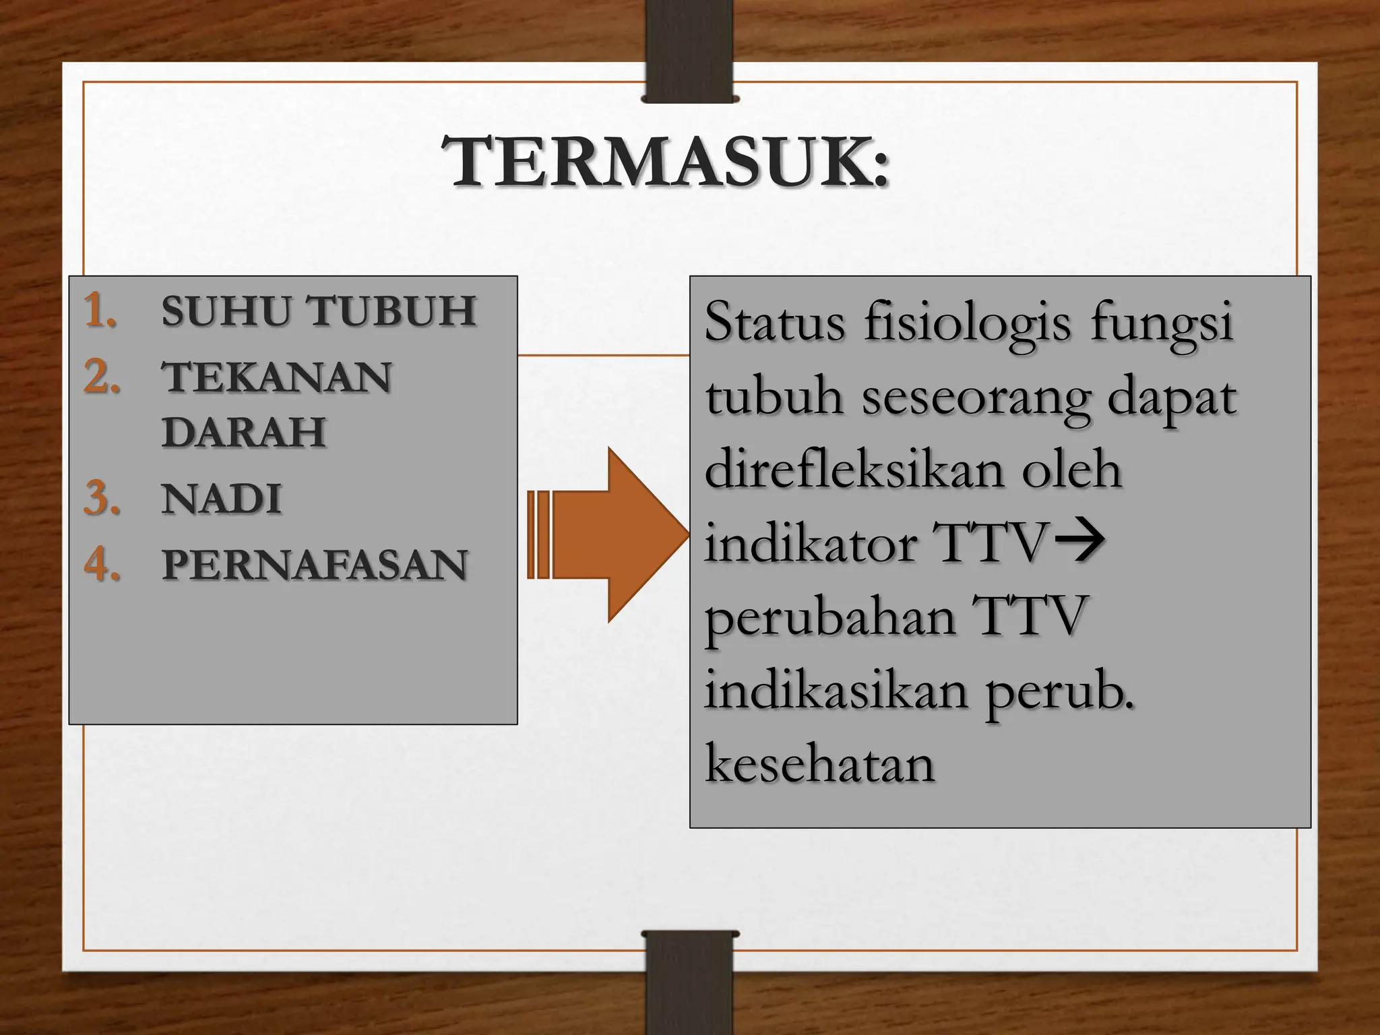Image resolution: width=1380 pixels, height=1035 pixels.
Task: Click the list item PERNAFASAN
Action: (314, 565)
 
